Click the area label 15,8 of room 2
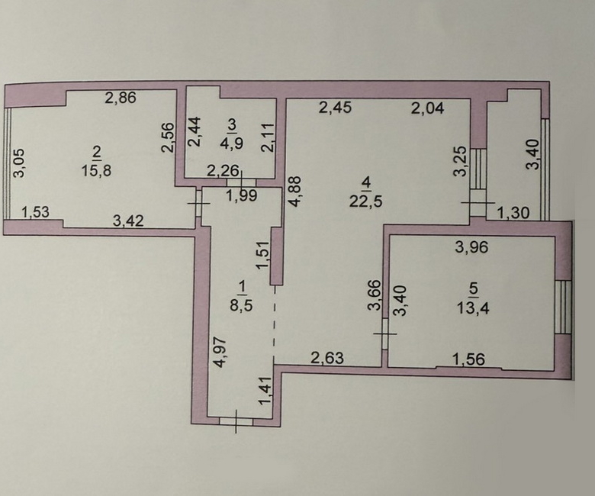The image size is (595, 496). [96, 170]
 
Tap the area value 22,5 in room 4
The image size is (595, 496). [366, 201]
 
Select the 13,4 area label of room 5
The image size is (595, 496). [473, 308]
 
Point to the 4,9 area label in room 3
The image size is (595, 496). [232, 143]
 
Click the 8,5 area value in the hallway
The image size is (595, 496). [241, 304]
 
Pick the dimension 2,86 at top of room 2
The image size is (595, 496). [121, 98]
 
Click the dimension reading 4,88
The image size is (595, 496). [295, 191]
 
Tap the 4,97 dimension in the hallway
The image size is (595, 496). [220, 353]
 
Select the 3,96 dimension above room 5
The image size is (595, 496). [472, 247]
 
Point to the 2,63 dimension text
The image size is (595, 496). [327, 358]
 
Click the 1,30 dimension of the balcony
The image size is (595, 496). [513, 213]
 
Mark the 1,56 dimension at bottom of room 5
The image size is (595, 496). [469, 359]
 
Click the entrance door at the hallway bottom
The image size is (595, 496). [236, 421]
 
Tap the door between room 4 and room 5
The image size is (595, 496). [384, 334]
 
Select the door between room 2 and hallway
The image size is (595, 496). [198, 203]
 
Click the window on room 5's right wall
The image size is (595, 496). [563, 307]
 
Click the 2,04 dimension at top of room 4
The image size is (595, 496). [428, 109]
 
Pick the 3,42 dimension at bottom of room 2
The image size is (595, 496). [128, 221]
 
